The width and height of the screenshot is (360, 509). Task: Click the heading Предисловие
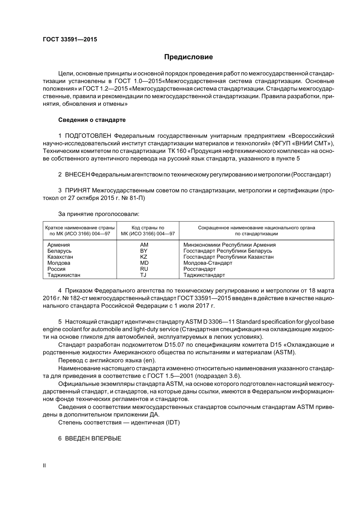pyautogui.click(x=188, y=57)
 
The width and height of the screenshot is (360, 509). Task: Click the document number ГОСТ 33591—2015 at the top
pyautogui.click(x=70, y=39)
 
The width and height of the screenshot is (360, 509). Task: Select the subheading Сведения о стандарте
pyautogui.click(x=92, y=120)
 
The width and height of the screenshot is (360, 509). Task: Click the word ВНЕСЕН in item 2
pyautogui.click(x=77, y=175)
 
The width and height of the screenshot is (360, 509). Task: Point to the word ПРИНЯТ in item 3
pyautogui.click(x=77, y=190)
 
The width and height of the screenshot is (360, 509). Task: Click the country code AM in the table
pyautogui.click(x=144, y=245)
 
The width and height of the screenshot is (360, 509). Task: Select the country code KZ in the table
pyautogui.click(x=144, y=257)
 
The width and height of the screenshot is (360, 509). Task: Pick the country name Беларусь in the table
pyautogui.click(x=59, y=251)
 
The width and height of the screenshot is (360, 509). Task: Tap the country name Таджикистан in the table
pyautogui.click(x=64, y=275)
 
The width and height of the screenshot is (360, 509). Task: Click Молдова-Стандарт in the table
pyautogui.click(x=208, y=263)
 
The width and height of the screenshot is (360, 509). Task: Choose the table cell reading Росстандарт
pyautogui.click(x=199, y=269)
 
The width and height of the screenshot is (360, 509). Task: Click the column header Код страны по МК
pyautogui.click(x=148, y=228)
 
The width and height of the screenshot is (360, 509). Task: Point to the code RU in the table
pyautogui.click(x=144, y=269)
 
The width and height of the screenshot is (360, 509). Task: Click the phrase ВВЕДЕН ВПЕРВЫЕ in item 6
pyautogui.click(x=93, y=439)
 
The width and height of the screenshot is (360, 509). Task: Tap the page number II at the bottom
pyautogui.click(x=44, y=466)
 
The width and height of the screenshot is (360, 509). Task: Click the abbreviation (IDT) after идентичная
pyautogui.click(x=172, y=422)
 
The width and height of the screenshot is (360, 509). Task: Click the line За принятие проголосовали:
pyautogui.click(x=99, y=214)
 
